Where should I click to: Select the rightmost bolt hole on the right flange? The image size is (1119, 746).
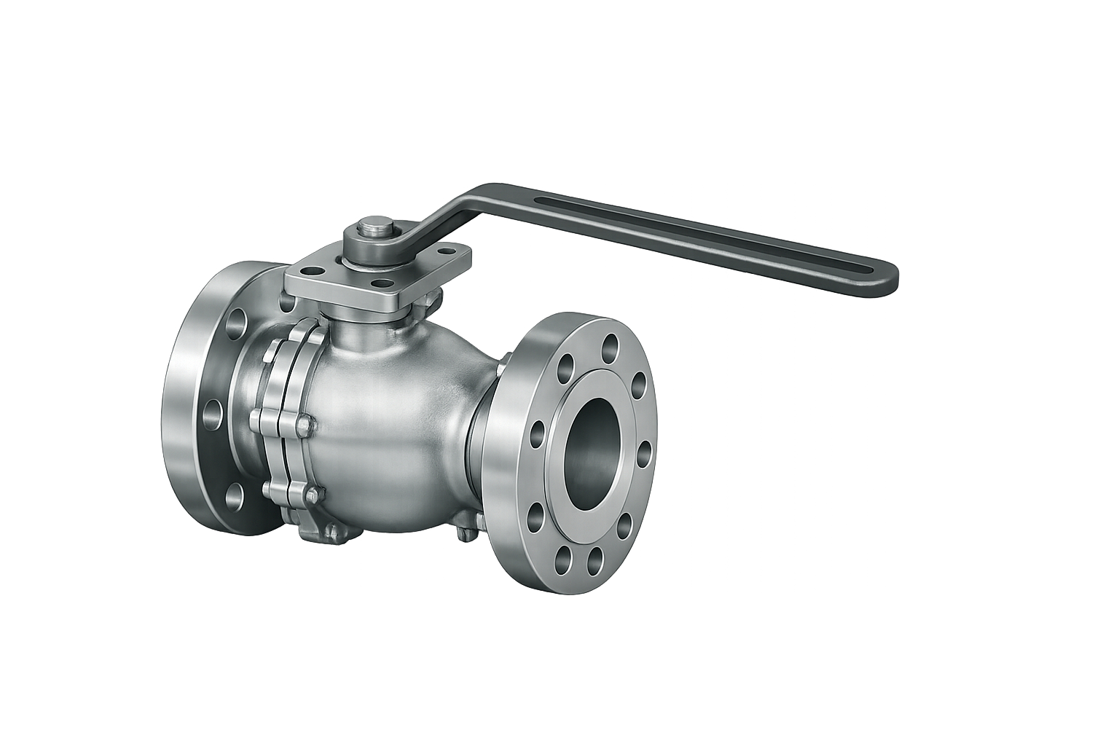644,449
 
